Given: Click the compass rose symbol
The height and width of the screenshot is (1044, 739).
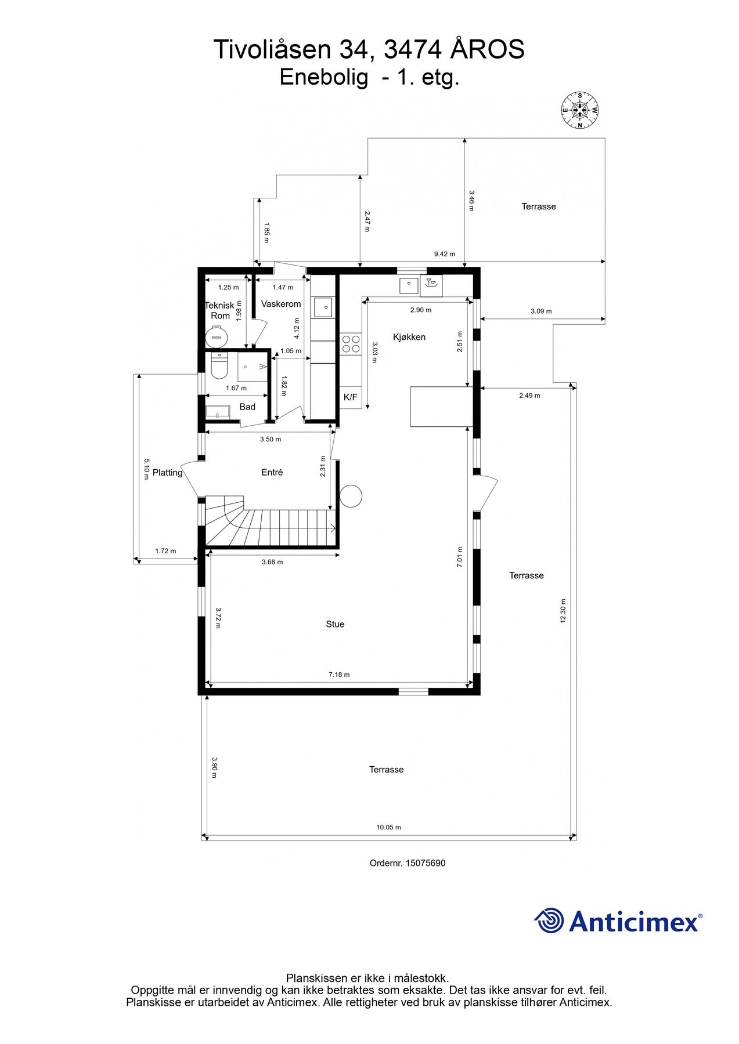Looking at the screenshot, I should pos(579,110).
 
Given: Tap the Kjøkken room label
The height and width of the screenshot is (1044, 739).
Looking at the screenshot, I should pos(409,337).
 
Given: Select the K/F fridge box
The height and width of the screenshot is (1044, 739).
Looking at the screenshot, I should pos(351,397).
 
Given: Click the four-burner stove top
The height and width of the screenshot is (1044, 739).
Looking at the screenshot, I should pos(351,343).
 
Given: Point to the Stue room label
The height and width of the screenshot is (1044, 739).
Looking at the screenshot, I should pos(335,624).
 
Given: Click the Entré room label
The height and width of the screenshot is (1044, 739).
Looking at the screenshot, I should pos(272,473).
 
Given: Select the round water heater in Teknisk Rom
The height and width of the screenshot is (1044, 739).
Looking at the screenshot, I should pos(217,335).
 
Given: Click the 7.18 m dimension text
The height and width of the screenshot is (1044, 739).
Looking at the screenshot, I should pos(339,675).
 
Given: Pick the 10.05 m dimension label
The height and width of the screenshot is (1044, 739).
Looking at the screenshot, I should pos(388,828).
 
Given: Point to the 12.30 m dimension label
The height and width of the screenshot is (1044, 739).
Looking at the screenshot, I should pos(563,611).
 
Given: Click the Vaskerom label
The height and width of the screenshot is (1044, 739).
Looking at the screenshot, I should pos(281,304).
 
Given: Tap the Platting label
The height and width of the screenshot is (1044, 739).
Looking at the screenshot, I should pos(167,473).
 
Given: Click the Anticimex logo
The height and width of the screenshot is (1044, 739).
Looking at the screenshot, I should pos(618,921).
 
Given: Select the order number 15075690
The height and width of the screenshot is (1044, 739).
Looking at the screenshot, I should pos(425,863).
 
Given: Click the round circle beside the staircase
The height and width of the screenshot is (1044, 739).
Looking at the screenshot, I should pos(351,496).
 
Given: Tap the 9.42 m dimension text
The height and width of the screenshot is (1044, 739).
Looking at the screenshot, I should pos(445,254).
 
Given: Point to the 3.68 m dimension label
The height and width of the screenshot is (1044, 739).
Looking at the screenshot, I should pos(272,562).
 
